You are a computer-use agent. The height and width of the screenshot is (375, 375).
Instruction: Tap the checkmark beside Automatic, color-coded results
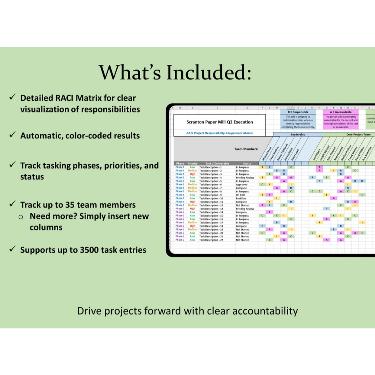tap(12, 135)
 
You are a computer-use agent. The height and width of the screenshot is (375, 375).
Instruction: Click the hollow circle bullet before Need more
tap(21, 217)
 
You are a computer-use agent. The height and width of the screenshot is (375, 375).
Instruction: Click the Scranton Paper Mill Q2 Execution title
tap(219, 122)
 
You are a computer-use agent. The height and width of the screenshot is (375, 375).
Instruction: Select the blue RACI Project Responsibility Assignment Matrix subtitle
tap(219, 133)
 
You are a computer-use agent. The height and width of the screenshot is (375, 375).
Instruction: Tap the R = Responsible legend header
tap(298, 112)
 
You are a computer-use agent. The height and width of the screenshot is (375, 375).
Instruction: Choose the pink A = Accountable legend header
tap(341, 112)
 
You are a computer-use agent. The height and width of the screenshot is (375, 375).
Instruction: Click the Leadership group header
tap(298, 134)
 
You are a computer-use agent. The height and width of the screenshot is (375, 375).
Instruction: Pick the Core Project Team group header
tap(358, 134)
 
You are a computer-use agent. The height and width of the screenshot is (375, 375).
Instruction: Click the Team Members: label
tap(246, 149)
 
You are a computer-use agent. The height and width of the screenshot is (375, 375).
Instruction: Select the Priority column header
tap(192, 163)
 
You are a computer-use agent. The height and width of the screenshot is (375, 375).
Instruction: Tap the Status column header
tap(247, 163)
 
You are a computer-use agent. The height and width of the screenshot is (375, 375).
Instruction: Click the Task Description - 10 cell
tap(211, 198)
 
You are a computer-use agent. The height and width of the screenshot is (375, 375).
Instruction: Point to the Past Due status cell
tap(241, 198)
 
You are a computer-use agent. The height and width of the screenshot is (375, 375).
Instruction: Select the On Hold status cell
tap(241, 195)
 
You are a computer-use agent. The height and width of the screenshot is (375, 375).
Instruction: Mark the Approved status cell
tap(241, 185)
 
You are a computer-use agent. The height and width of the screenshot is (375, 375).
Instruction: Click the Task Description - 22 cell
tap(211, 240)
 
